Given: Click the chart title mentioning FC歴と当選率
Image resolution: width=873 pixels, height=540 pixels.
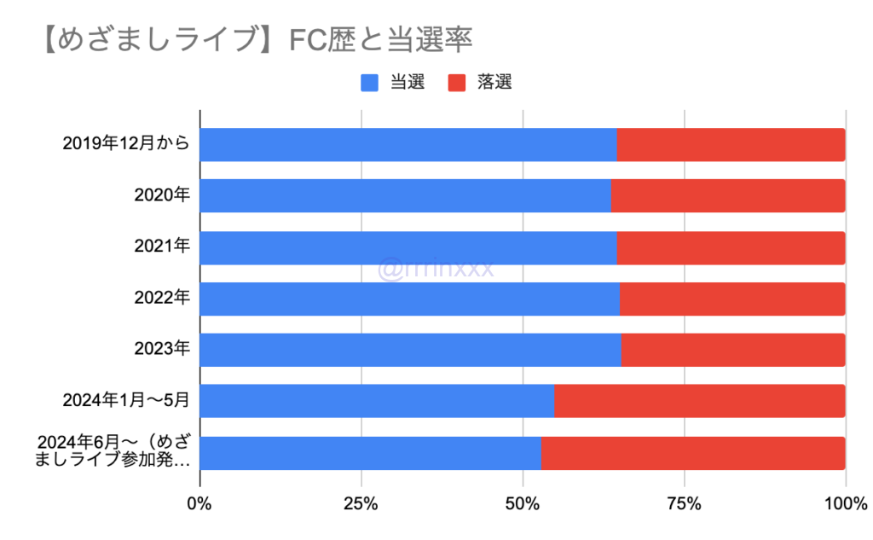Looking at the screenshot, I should tap(256, 39).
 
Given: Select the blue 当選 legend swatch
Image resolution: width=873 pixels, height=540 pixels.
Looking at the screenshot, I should tap(370, 83).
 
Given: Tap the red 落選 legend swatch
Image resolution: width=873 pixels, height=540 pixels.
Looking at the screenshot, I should tap(458, 83).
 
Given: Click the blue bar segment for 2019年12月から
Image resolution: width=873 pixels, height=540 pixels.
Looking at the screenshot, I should tap(408, 145).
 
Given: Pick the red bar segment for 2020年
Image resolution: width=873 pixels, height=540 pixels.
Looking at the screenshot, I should tap(728, 196).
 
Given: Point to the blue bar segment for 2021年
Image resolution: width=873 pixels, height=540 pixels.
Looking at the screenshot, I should tap(408, 247).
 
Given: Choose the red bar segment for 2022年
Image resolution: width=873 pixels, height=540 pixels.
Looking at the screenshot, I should tap(732, 299).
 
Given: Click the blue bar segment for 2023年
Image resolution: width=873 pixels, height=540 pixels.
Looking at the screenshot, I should tap(410, 350).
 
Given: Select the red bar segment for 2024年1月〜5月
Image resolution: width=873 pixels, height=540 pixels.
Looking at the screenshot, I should tap(699, 401).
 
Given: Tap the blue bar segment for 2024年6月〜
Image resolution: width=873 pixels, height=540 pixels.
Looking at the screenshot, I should tap(370, 453).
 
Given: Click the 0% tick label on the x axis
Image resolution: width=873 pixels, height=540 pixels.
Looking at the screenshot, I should tap(199, 505).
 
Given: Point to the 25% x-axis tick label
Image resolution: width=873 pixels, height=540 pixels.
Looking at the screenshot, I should tap(361, 505).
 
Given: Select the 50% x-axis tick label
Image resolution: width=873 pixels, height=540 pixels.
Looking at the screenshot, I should tap(523, 505).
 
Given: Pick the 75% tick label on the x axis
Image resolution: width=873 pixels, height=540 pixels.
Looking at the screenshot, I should tap(684, 505).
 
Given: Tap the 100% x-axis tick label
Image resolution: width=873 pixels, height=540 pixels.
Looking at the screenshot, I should tap(845, 505).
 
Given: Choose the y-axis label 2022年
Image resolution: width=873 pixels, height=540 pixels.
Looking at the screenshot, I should tap(162, 299).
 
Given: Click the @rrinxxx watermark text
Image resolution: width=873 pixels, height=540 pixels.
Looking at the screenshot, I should tap(436, 270).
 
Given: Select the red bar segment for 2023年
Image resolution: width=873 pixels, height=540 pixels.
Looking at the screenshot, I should tap(733, 350).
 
